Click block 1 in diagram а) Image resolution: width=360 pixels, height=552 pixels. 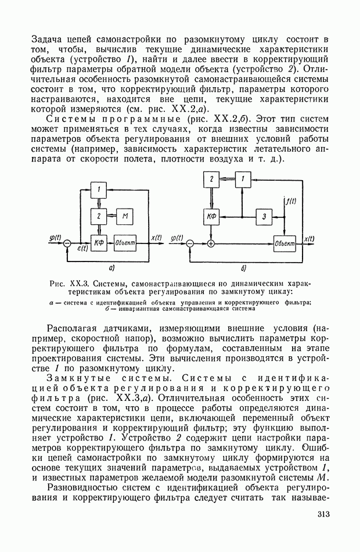tap(99, 190)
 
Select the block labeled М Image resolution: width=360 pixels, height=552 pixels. tap(126, 217)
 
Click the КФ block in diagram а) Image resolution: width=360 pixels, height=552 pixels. tap(99, 243)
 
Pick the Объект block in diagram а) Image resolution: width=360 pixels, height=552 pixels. tap(125, 243)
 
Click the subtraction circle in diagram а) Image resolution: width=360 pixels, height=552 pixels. tap(68, 243)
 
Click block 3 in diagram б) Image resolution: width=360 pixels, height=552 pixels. tap(264, 217)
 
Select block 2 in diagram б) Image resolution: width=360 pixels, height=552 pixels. tap(211, 180)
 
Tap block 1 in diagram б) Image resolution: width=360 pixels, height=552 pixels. tap(243, 180)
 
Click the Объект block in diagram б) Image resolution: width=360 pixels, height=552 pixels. tap(285, 243)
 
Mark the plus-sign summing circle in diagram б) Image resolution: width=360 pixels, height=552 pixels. tap(211, 243)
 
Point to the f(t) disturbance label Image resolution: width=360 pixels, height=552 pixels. tap(290, 201)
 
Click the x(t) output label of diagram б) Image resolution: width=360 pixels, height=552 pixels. tap(310, 238)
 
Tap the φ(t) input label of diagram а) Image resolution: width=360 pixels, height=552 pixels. tap(57, 236)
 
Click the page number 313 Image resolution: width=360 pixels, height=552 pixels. tap(323, 514)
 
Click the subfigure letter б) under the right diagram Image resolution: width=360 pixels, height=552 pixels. tap(244, 268)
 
